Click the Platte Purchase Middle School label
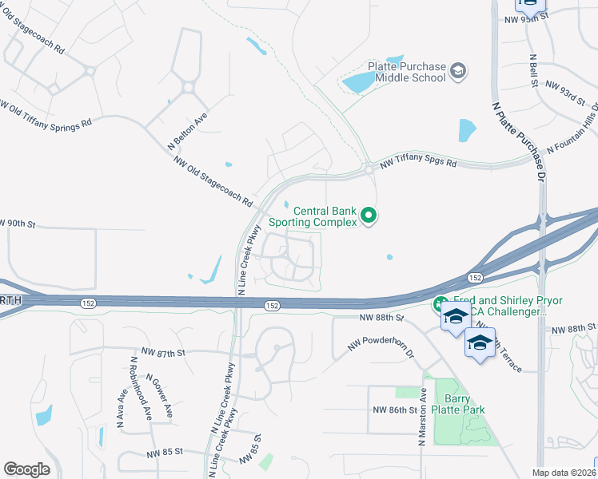point(405,73)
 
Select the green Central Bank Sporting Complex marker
point(369,216)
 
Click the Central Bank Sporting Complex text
point(313,216)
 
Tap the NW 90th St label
point(18,223)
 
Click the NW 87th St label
point(163,352)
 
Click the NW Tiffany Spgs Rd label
point(418,163)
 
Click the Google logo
point(26,469)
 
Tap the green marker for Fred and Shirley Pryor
point(441,304)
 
